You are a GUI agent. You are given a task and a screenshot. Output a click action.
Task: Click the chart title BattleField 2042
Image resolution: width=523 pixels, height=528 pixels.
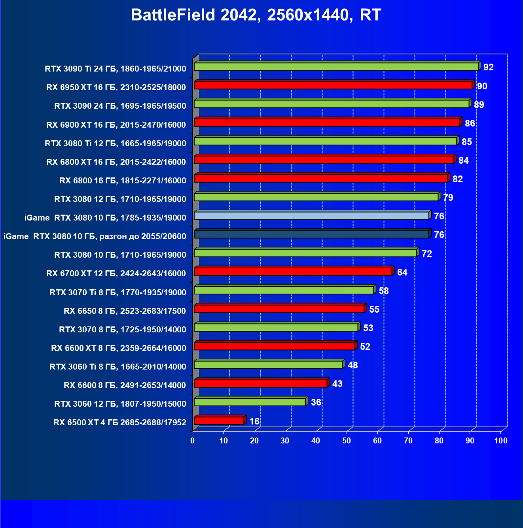pos(256,15)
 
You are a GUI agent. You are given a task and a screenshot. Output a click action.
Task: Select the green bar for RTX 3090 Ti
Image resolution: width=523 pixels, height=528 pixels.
pos(336,66)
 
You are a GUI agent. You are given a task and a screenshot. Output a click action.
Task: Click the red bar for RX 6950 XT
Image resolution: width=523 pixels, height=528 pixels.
pos(333,85)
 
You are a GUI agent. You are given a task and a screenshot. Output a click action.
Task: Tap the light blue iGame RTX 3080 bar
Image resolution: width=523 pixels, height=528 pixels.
pos(312,216)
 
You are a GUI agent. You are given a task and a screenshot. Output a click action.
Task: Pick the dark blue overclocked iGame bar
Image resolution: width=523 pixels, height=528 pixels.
pos(312,234)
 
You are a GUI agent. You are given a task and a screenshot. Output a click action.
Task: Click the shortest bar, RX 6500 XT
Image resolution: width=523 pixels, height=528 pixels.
pos(219,421)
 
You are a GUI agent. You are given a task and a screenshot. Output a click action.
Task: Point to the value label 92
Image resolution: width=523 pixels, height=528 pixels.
pos(489,67)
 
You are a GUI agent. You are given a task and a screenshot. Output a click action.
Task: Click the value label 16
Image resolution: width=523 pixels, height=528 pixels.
pos(254,421)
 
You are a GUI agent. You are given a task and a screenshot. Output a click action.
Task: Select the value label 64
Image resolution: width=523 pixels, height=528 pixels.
pos(402,272)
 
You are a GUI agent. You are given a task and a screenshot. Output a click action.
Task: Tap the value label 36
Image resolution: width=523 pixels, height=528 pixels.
pos(316,402)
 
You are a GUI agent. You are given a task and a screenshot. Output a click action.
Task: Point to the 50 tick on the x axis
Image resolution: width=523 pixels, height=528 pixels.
pos(347,441)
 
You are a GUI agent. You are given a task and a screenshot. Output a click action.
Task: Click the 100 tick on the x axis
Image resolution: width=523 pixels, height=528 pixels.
pos(501,441)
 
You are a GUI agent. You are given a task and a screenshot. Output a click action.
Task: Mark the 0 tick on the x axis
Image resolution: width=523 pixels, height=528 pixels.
pos(193,441)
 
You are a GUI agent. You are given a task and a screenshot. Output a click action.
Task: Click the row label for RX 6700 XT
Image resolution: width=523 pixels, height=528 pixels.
pos(116,273)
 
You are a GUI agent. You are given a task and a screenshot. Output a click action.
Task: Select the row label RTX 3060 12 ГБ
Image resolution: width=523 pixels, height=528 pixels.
pos(120,404)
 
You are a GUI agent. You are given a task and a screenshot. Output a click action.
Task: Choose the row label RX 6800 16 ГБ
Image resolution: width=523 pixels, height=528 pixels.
pos(123,181)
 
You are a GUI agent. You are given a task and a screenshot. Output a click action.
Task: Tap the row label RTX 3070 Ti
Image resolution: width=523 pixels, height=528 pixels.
pos(118,292)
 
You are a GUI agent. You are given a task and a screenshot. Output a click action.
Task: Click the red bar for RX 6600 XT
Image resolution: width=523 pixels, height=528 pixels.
pos(275,346)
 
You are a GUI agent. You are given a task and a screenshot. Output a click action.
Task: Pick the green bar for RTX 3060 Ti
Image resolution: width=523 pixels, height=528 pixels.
pos(268,364)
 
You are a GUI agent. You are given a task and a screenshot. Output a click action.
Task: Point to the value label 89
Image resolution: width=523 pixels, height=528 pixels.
pos(479,105)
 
